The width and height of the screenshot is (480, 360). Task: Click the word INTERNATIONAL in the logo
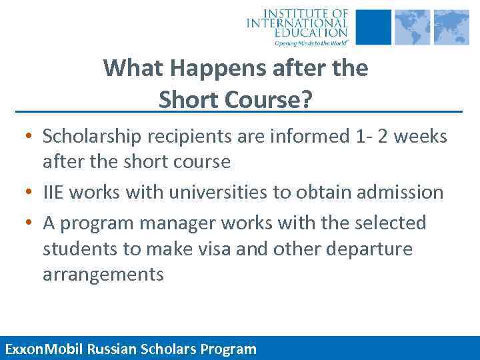coord(297,23)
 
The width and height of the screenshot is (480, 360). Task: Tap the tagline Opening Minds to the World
coord(311,42)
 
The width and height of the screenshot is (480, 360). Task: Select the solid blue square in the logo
coord(374,27)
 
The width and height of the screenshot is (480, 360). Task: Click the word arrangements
coord(103,275)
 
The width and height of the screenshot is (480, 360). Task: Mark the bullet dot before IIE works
coord(29,193)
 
